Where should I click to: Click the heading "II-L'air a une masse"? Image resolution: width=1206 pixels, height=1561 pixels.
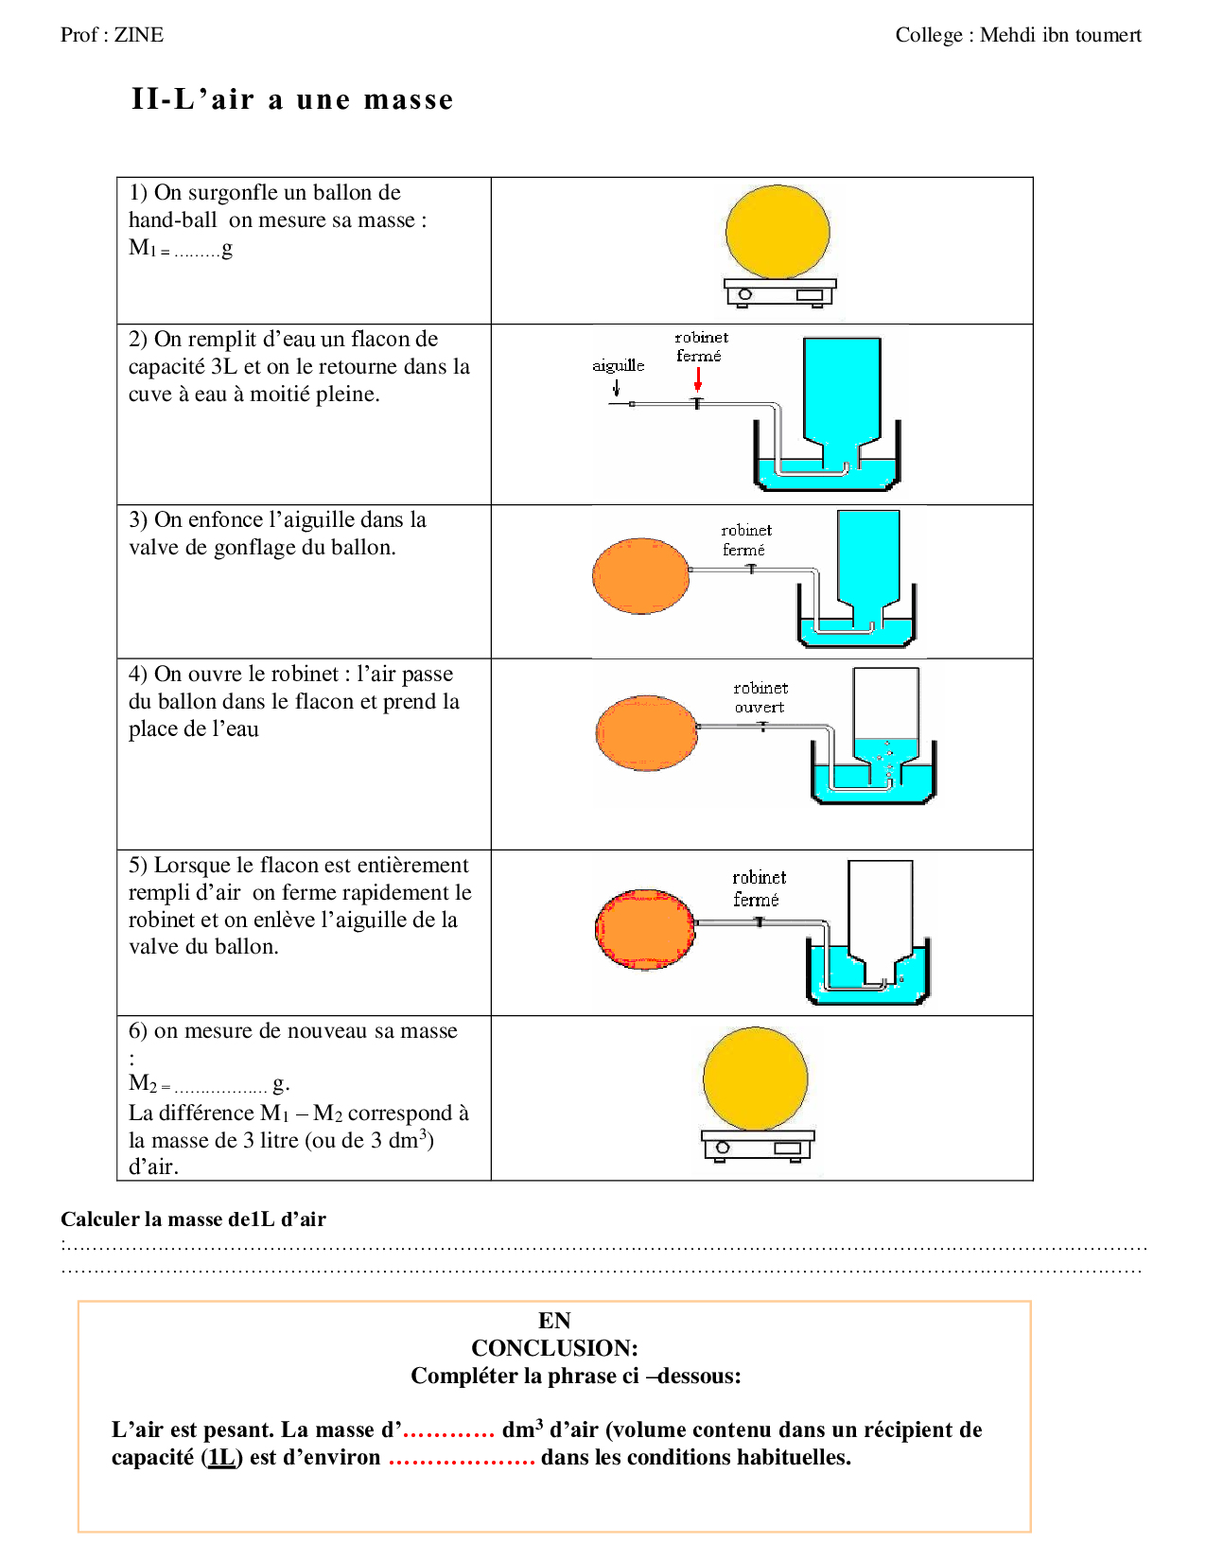292,99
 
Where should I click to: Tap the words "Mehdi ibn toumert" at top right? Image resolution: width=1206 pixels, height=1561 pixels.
1060,35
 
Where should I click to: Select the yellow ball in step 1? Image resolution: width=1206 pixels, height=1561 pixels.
778,232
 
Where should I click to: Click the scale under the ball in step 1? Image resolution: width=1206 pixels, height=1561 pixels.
779,291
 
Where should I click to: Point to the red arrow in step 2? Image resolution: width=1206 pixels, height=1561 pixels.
698,379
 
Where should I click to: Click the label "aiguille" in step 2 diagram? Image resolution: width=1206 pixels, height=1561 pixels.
618,365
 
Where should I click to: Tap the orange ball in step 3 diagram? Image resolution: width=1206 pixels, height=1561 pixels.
641,575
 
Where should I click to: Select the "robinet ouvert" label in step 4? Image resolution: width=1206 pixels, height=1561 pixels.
760,697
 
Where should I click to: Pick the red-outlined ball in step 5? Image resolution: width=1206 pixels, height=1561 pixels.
645,929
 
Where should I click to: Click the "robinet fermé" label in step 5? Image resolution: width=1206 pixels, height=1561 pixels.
758,887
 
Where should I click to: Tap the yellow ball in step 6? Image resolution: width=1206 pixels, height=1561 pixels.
756,1079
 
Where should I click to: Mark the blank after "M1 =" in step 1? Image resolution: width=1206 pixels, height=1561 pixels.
197,253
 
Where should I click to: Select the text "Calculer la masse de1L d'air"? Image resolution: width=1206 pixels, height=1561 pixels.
193,1219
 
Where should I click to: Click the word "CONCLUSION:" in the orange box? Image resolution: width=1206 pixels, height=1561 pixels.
554,1347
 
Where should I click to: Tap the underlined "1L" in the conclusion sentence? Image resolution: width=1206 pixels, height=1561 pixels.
221,1457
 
